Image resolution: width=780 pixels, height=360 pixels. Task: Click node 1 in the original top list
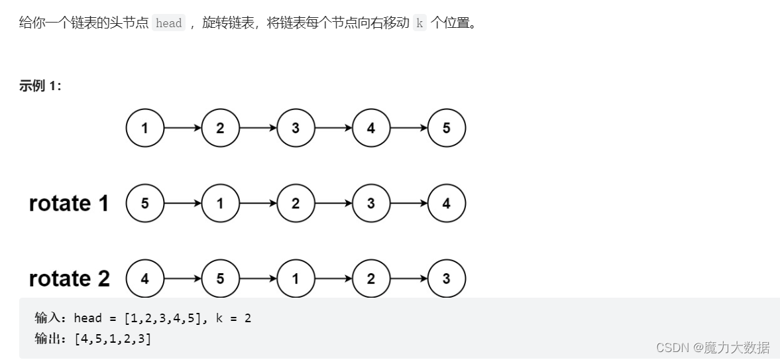click(144, 128)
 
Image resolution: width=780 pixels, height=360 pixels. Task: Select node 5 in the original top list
click(446, 128)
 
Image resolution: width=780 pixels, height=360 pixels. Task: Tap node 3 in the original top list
click(296, 128)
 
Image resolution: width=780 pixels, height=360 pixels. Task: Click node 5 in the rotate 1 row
click(144, 204)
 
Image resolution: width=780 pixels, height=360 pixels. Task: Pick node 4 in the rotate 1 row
click(446, 204)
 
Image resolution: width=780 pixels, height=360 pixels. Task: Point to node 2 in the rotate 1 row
click(296, 204)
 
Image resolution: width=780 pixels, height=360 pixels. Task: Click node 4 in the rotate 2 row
click(144, 279)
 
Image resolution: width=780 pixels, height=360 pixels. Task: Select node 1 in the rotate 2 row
click(296, 279)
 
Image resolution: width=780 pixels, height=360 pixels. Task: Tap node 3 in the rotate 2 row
click(446, 279)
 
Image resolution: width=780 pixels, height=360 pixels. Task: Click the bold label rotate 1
click(69, 204)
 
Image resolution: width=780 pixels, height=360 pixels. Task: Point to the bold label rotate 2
click(69, 279)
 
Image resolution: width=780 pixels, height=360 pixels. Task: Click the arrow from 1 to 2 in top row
click(182, 128)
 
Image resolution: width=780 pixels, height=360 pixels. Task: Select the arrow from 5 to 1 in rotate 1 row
click(182, 204)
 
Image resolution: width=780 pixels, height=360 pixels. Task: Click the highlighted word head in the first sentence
click(168, 23)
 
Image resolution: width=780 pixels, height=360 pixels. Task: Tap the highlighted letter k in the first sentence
click(419, 23)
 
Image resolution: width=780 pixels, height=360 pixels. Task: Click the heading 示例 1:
click(40, 86)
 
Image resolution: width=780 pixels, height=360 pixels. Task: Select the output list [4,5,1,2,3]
click(113, 339)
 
